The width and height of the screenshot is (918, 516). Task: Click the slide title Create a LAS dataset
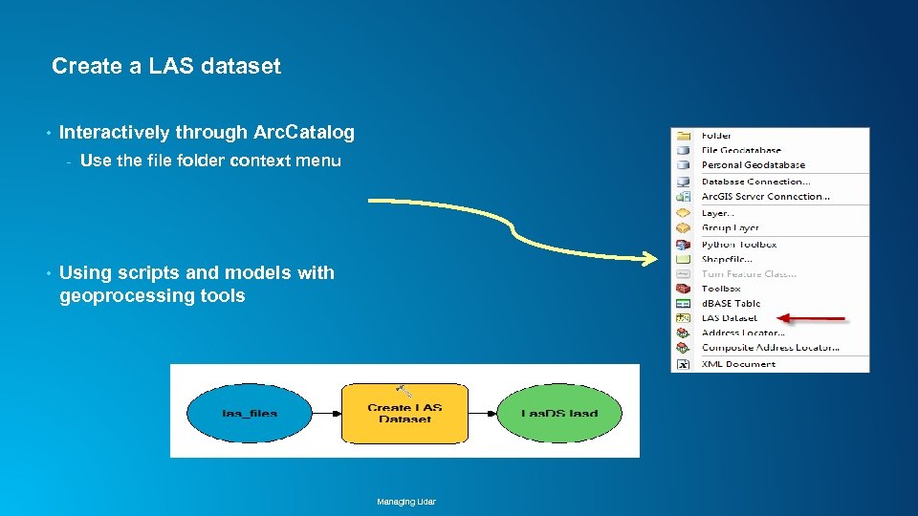coord(166,66)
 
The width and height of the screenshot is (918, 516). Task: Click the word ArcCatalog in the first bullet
coord(304,132)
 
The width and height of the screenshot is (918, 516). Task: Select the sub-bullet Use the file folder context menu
coord(210,161)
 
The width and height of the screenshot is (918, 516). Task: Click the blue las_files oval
coord(250,412)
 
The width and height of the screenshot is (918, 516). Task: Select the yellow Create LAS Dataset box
coord(404,413)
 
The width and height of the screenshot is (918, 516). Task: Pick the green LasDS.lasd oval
coord(559,412)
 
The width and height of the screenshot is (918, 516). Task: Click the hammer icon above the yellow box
coord(404,390)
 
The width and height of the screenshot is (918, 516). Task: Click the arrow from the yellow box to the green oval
coord(482,413)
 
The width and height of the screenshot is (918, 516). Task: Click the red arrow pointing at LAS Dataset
coord(812,317)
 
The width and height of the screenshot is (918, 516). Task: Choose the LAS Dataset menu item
coord(729,317)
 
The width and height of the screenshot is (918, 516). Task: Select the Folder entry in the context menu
coord(716,136)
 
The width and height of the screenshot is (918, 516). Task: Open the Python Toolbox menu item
coord(738,245)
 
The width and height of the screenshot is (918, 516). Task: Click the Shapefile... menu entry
coord(727,259)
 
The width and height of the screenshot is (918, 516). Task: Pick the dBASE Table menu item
coord(731,303)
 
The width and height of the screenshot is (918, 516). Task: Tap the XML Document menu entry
coord(738,364)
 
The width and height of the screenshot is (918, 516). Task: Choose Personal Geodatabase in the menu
coord(753,165)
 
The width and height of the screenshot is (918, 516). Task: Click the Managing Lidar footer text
coord(405,502)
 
